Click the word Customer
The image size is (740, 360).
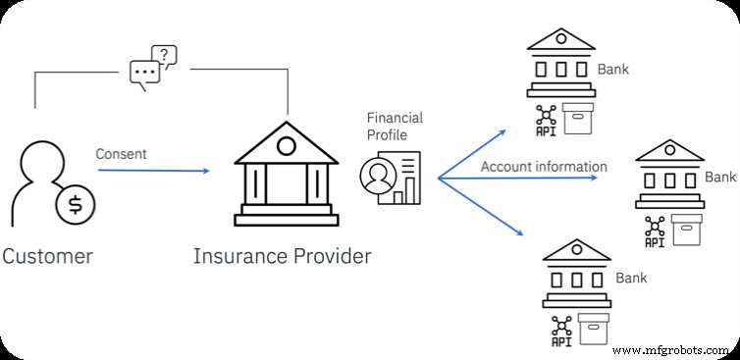click(47, 257)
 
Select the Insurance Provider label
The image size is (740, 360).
click(283, 257)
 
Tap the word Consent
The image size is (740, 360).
click(121, 154)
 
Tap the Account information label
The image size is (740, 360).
click(544, 167)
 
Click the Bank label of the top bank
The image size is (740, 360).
click(613, 70)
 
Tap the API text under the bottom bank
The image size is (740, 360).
click(560, 342)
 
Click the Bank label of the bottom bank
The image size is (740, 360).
click(631, 279)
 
